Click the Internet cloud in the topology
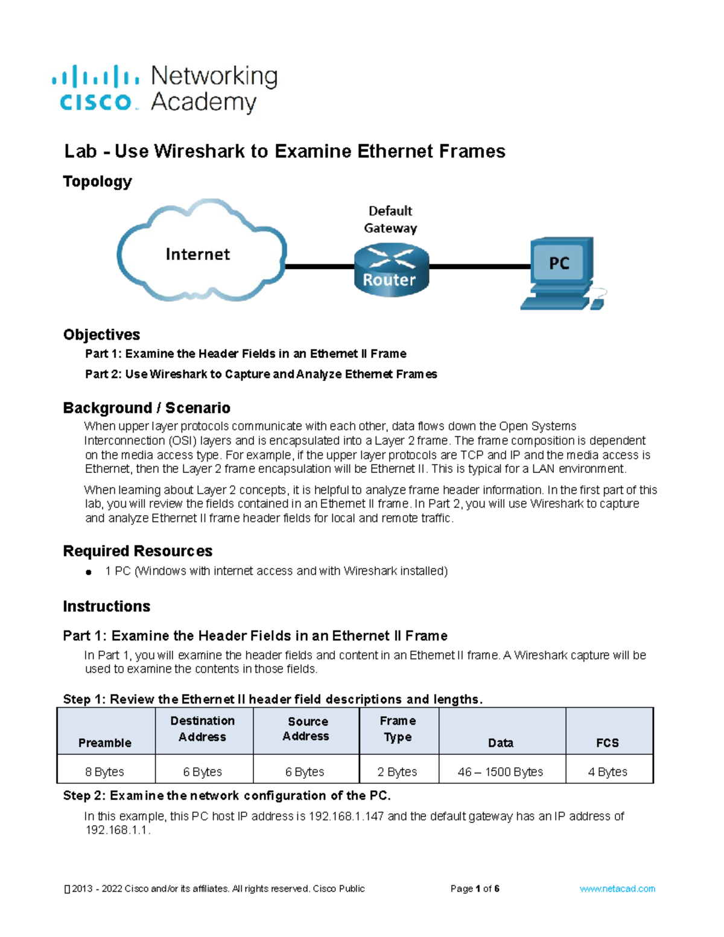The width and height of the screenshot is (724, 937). [199, 253]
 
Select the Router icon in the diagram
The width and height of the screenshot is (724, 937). [391, 270]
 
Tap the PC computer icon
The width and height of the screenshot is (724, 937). [560, 272]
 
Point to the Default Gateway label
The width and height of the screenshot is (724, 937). [390, 220]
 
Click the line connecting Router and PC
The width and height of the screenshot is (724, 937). [480, 265]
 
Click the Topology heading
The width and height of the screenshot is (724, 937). [97, 182]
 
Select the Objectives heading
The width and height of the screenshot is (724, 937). [101, 335]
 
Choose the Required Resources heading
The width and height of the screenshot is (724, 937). [138, 551]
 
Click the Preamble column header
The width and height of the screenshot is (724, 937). [105, 743]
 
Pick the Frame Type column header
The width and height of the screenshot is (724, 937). [398, 729]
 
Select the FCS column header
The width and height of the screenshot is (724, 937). [608, 743]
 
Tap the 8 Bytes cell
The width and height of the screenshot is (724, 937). [105, 772]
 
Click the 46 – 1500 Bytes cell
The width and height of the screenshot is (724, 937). [501, 772]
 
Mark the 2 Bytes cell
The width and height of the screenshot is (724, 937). [398, 772]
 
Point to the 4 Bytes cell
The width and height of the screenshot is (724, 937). [608, 772]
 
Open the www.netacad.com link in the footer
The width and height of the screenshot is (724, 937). [617, 889]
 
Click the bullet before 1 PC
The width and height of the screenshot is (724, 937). [89, 572]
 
